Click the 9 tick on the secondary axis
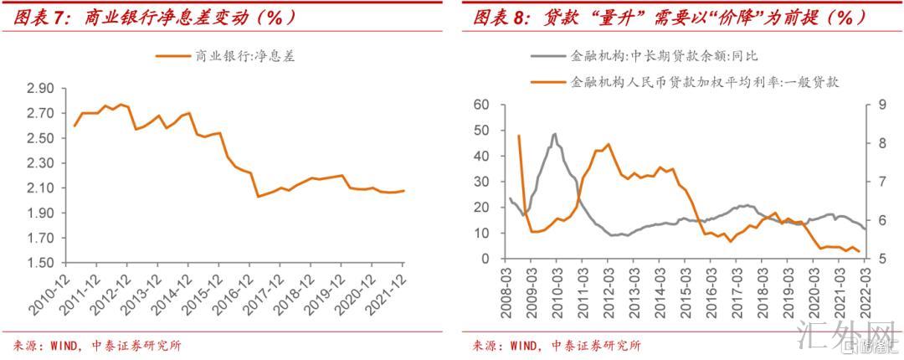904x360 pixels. tap(876, 105)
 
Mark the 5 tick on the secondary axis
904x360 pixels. tap(876, 259)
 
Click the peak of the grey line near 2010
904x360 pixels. tap(555, 134)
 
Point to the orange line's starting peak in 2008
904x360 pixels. tap(519, 136)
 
